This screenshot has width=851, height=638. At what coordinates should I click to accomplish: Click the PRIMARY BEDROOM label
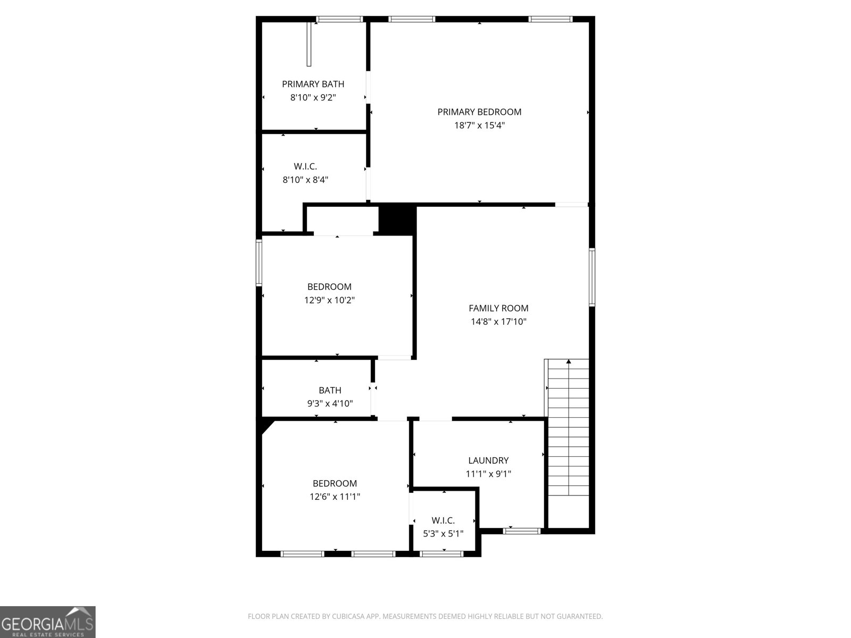[x=479, y=112]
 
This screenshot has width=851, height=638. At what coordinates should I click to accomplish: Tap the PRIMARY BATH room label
[x=313, y=84]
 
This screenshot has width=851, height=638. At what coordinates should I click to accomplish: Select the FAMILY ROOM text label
[x=498, y=308]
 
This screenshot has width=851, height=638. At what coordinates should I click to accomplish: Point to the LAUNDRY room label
[x=488, y=460]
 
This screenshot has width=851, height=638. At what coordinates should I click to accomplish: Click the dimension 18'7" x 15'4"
[x=479, y=125]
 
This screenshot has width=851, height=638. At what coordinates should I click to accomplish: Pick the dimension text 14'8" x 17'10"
[x=498, y=322]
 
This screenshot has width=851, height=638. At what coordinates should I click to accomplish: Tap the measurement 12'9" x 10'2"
[x=329, y=300]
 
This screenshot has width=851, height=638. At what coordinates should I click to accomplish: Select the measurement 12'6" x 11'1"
[x=335, y=497]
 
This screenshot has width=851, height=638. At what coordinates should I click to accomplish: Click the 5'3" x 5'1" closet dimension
[x=443, y=533]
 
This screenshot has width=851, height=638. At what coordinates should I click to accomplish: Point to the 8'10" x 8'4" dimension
[x=305, y=180]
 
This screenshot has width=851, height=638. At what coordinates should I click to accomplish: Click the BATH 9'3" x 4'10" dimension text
[x=330, y=404]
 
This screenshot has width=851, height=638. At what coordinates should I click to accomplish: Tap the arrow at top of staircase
[x=569, y=362]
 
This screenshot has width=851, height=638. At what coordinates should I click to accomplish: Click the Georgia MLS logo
[x=48, y=622]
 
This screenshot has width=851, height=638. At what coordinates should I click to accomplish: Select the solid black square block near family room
[x=397, y=220]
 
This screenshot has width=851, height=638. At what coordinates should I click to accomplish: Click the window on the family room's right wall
[x=591, y=277]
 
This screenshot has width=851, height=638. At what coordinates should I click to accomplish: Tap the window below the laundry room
[x=522, y=531]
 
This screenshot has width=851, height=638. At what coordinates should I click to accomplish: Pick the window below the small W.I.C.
[x=441, y=554]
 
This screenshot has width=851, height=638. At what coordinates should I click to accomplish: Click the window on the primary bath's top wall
[x=339, y=20]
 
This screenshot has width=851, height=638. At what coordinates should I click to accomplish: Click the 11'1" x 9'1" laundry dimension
[x=488, y=474]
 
